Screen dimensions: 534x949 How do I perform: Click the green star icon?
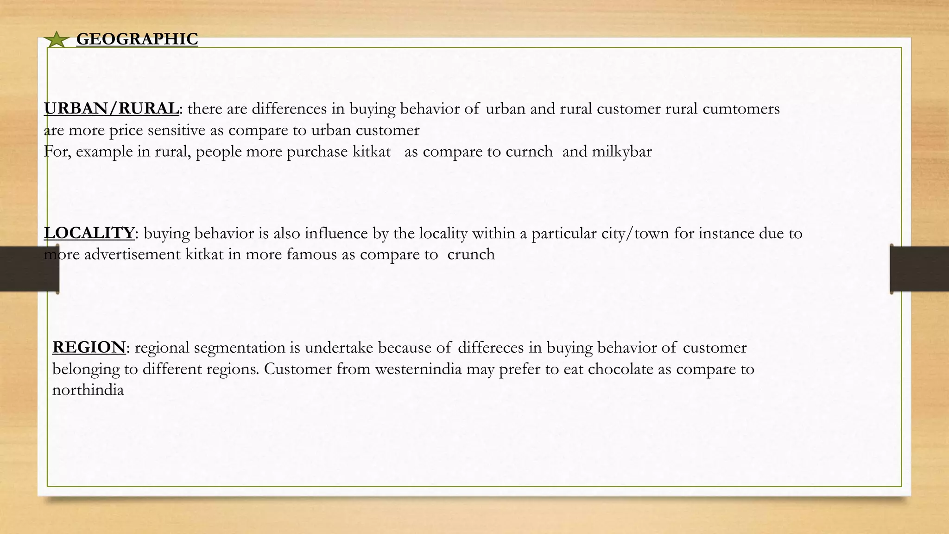pyautogui.click(x=57, y=40)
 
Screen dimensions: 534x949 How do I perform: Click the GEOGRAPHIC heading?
pyautogui.click(x=137, y=39)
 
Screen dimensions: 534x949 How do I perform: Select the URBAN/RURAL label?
pyautogui.click(x=111, y=108)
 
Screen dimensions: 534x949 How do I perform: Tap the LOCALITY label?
pyautogui.click(x=89, y=233)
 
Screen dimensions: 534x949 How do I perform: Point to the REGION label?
pyautogui.click(x=89, y=347)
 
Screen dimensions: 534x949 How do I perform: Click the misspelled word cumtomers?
pyautogui.click(x=741, y=108)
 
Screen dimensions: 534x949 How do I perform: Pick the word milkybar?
pyautogui.click(x=622, y=152)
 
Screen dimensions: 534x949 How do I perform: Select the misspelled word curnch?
pyautogui.click(x=529, y=152)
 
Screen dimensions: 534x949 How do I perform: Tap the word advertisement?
pyautogui.click(x=132, y=254)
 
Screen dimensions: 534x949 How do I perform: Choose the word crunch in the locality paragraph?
pyautogui.click(x=471, y=254)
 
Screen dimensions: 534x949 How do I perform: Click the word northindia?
pyautogui.click(x=88, y=390)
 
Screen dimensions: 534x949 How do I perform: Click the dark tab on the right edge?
pyautogui.click(x=919, y=269)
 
